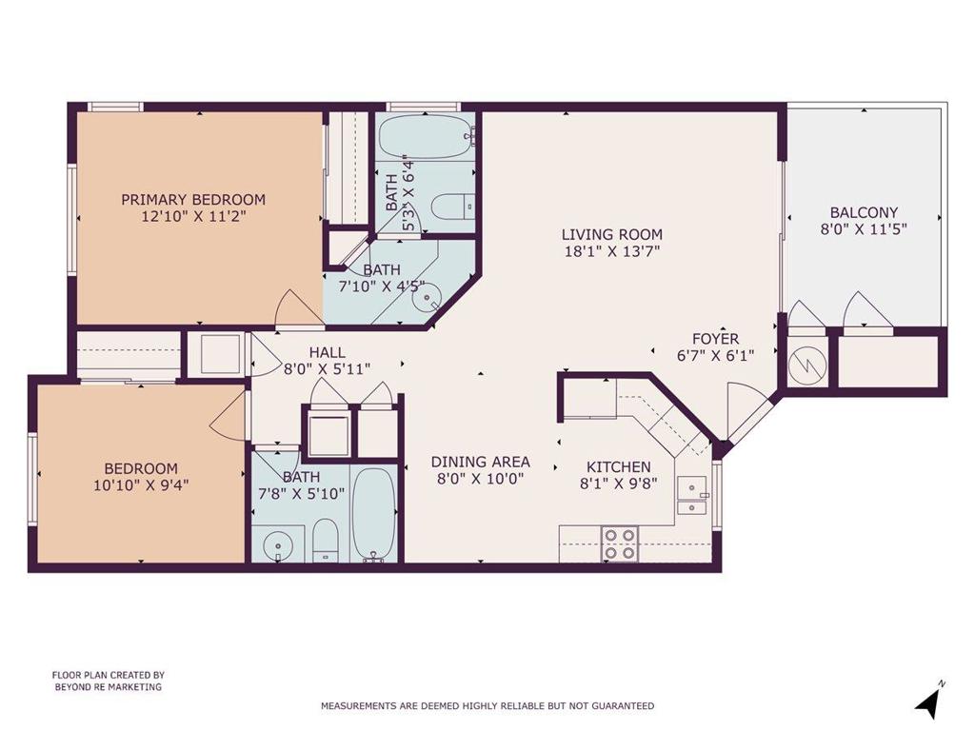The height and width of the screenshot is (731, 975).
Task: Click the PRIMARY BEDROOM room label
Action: pos(193,200)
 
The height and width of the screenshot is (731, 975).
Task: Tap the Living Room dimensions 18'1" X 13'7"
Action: pos(612,251)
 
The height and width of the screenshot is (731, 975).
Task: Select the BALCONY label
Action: pos(864,212)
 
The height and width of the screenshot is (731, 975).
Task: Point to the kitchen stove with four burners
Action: pos(620,543)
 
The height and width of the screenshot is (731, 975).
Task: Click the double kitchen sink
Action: pos(692,495)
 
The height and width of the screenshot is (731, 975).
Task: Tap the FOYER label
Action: pos(716,339)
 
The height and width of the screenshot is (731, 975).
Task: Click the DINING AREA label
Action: pos(481,462)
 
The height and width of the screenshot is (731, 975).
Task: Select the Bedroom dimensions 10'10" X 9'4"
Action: pos(141,484)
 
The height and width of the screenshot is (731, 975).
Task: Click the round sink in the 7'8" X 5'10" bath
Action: pos(277,547)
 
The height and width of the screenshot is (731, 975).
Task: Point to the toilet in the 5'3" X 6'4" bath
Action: pos(453,207)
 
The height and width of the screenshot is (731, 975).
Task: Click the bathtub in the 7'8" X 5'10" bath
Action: pos(373,515)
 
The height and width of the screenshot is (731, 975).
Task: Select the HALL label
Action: pos(328,352)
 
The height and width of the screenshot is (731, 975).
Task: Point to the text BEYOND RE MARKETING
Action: pos(109,687)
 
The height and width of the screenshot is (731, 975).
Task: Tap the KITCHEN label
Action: pos(619,466)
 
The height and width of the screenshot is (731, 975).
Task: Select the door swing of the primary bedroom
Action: pos(298,307)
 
